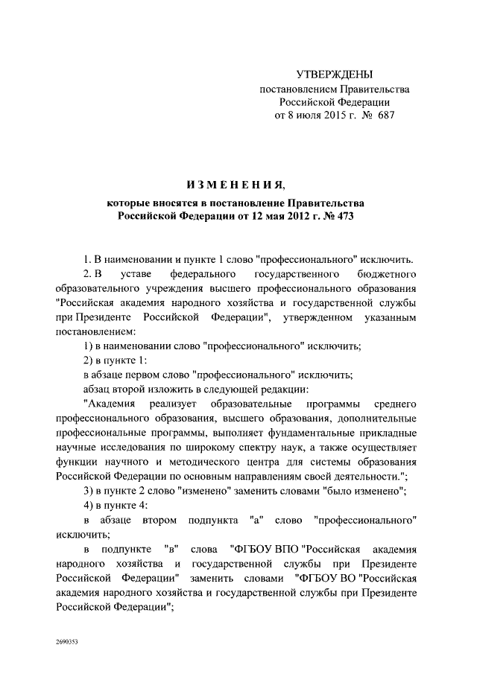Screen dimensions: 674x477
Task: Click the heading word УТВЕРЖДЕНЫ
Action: pos(334,74)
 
